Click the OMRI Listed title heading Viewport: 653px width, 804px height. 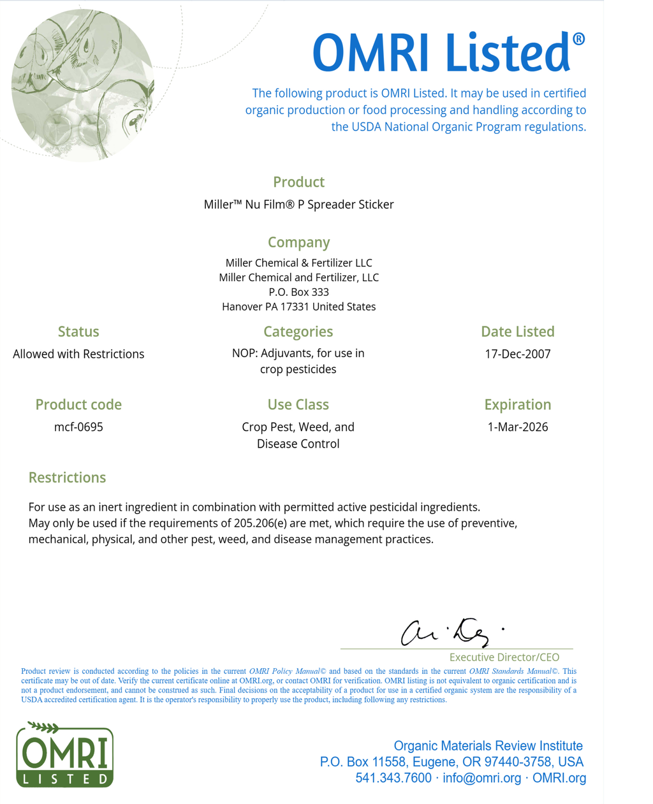pos(448,52)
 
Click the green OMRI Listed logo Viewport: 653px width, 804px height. pos(64,755)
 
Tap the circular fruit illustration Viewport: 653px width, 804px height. pos(82,84)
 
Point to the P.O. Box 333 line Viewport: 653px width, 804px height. pos(298,292)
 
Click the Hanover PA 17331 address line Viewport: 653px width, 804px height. pos(298,307)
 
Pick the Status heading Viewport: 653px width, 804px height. pos(78,332)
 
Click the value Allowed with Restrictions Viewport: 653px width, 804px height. pos(78,354)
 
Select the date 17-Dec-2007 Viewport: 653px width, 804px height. pos(517,354)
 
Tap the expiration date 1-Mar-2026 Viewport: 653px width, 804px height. pos(517,427)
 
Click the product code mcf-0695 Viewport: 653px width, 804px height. pos(78,427)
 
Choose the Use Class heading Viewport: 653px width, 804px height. pos(298,405)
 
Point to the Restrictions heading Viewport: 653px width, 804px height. pos(67,478)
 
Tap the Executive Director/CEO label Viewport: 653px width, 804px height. pos(504,657)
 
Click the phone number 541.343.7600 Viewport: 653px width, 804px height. pos(393,778)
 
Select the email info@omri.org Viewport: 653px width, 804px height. pos(481,778)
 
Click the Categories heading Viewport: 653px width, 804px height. pos(298,332)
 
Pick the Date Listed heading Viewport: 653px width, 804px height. pos(517,332)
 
